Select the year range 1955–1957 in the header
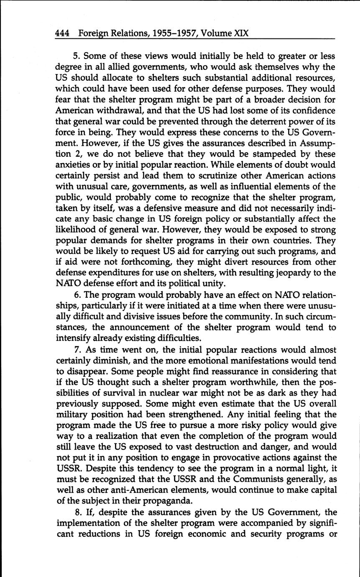[x=164, y=33]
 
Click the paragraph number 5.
[x=75, y=56]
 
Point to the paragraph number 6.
[x=75, y=295]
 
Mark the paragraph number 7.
[x=75, y=350]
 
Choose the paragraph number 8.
[x=75, y=513]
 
